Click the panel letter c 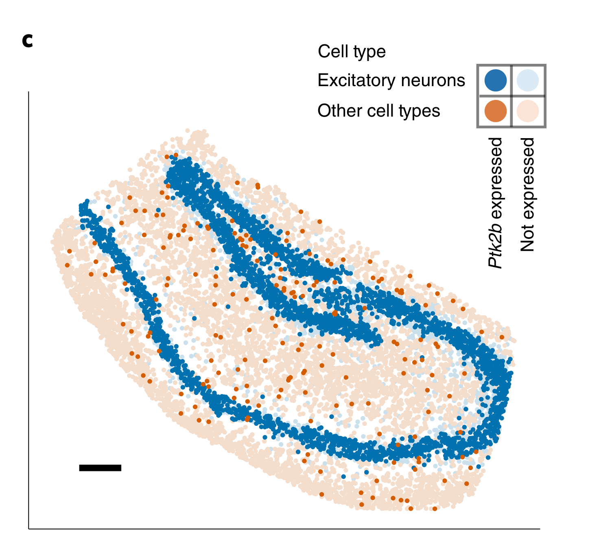27,41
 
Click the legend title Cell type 352,52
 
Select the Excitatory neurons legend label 391,80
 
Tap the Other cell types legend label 378,111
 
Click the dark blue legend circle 495,80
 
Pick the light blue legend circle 528,80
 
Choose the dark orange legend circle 495,111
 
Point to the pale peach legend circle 528,111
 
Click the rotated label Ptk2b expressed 495,202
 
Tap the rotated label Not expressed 527,194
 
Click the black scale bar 100,468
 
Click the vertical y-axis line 28,309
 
